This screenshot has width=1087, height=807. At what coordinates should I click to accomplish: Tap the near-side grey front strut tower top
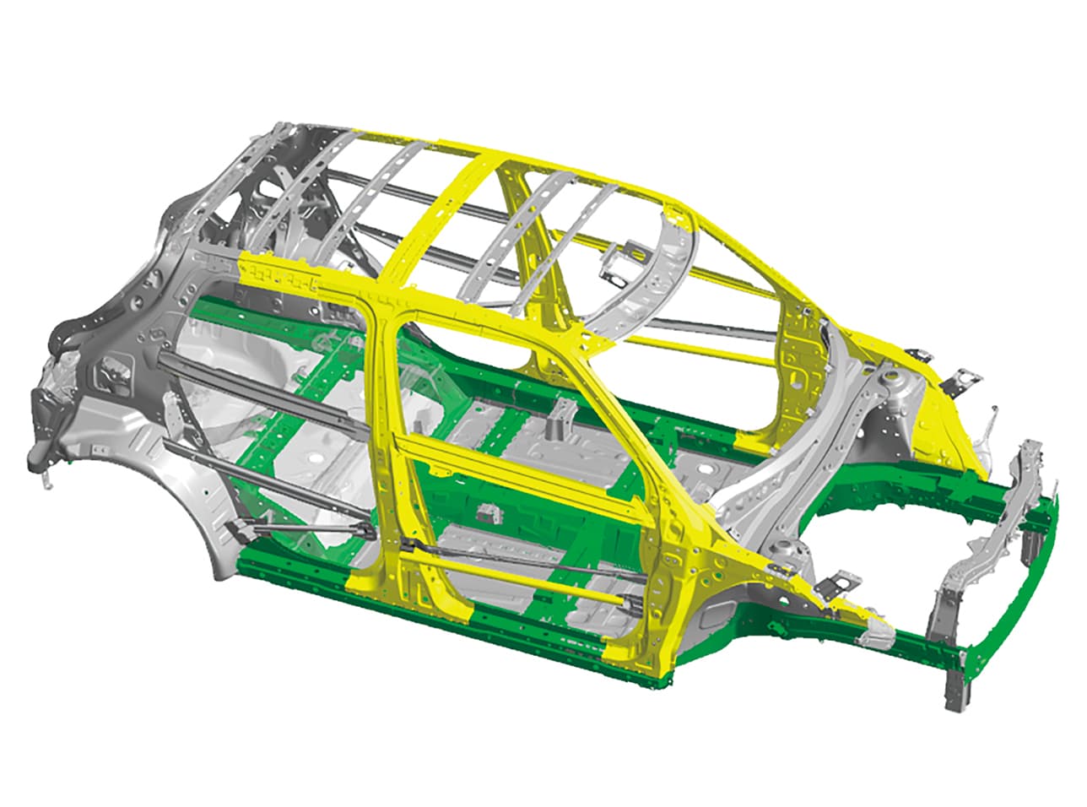tap(785, 553)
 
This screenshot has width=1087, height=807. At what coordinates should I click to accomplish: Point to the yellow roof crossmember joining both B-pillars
tap(439, 219)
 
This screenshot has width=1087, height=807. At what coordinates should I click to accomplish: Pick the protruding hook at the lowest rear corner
tap(42, 473)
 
